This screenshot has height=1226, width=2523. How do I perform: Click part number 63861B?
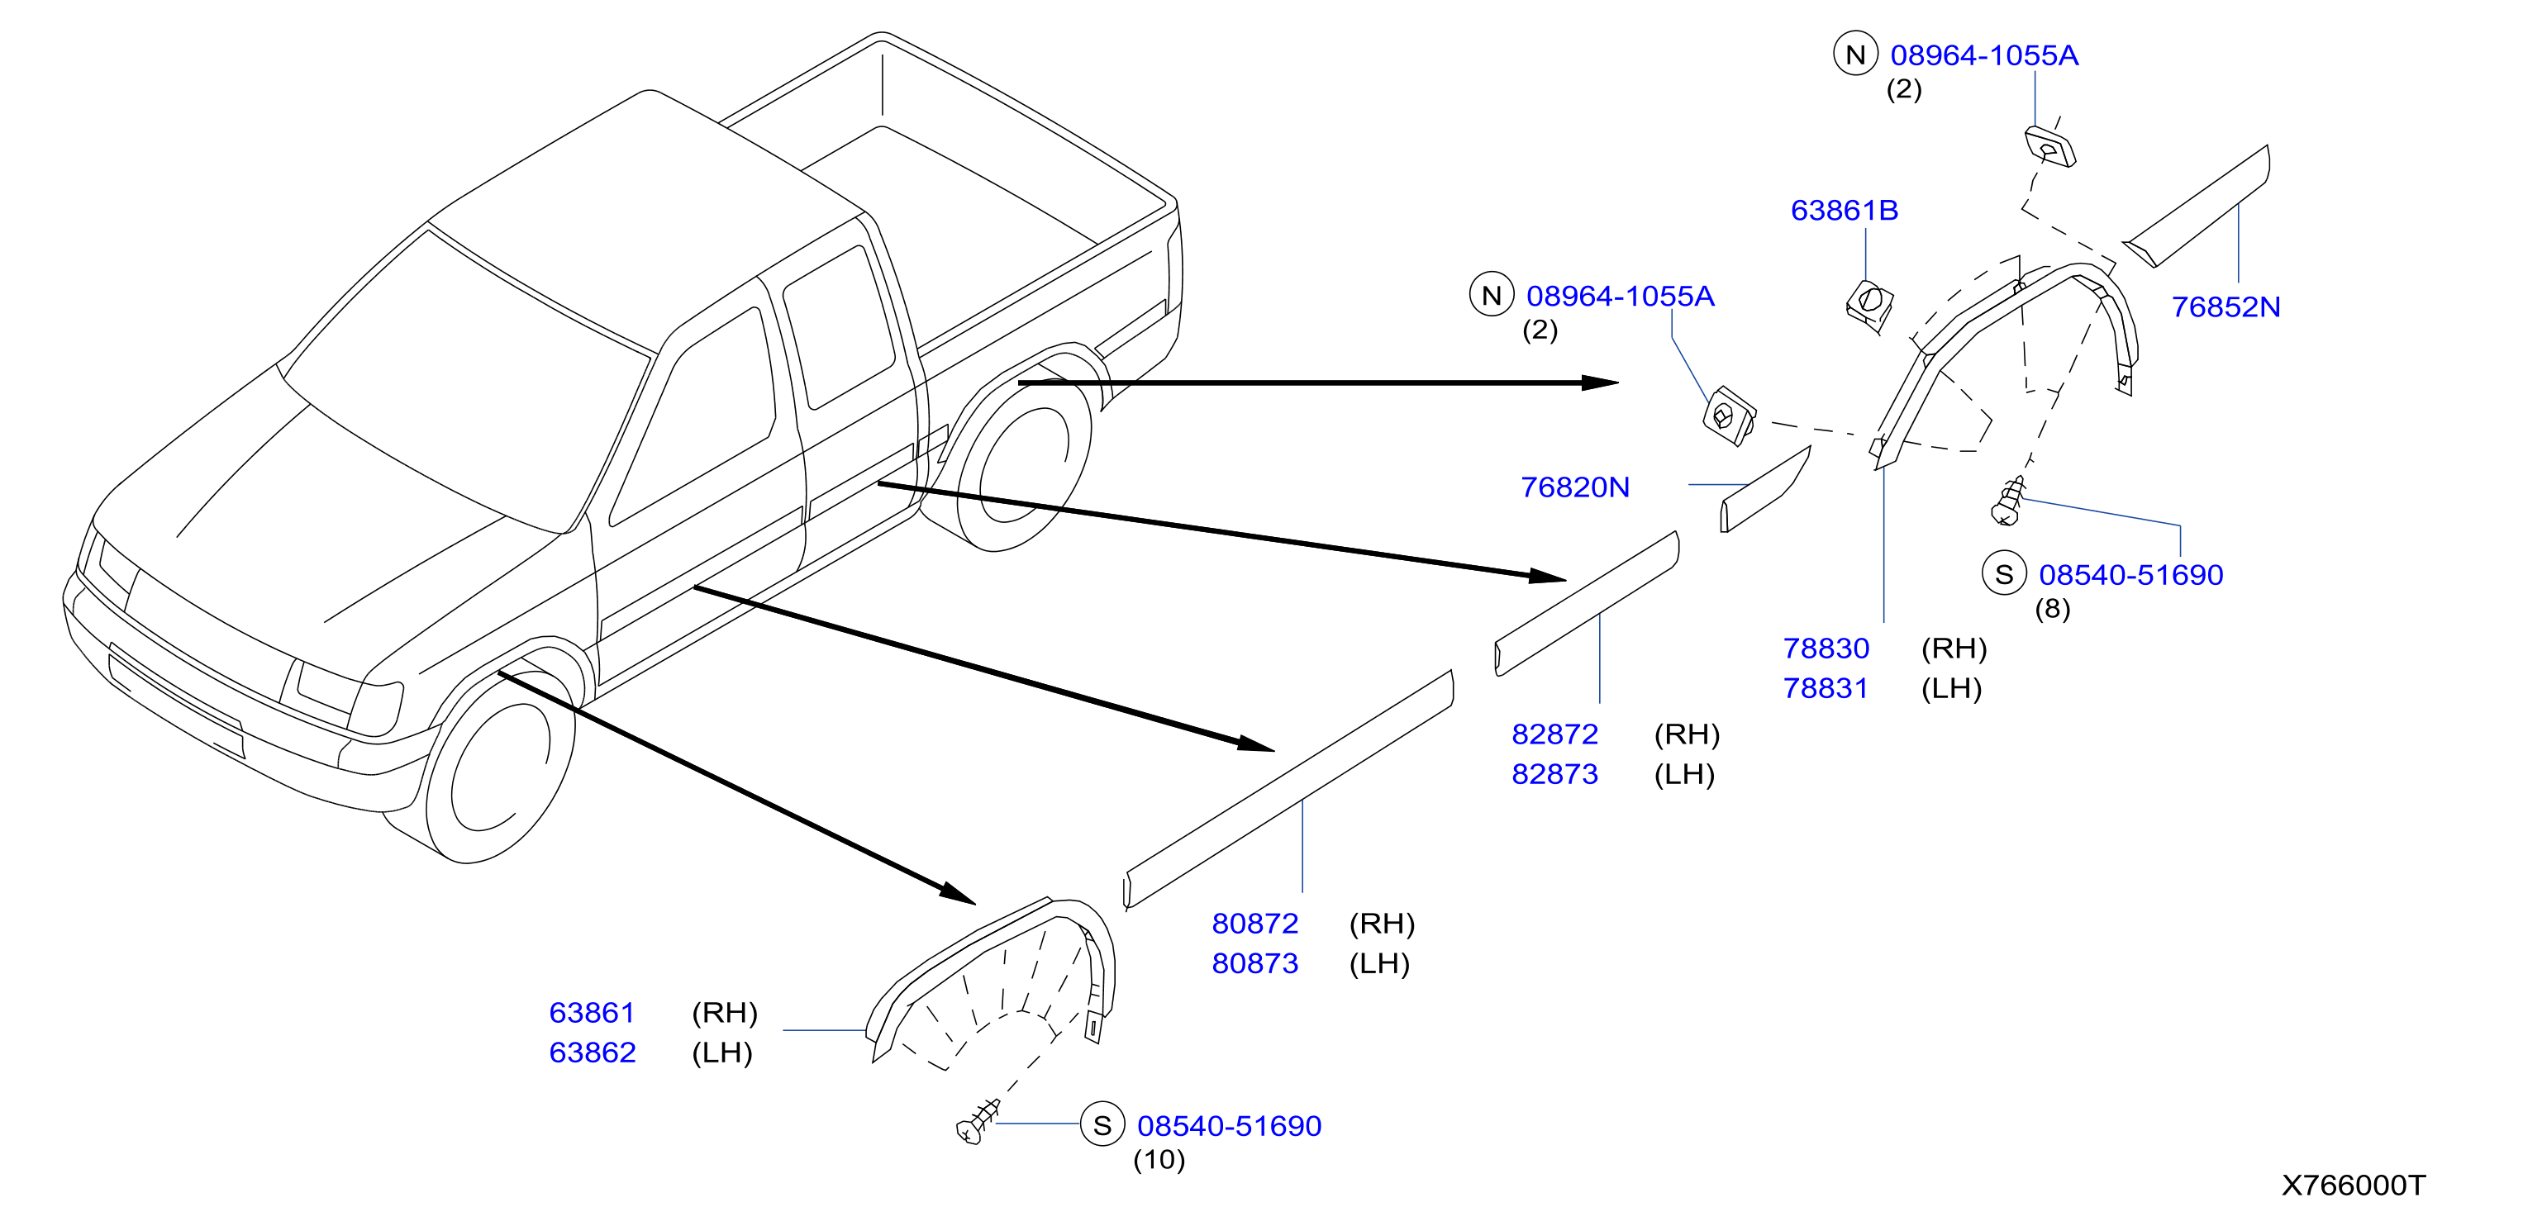pos(1845,211)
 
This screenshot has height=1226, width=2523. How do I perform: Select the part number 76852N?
pos(2226,307)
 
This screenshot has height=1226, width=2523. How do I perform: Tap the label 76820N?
pos(1575,487)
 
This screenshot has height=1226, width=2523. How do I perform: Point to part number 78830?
pos(1826,649)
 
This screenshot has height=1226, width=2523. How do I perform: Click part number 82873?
pos(1554,775)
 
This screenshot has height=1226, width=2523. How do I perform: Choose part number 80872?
pos(1254,924)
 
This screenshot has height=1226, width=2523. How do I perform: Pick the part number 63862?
pos(593,1053)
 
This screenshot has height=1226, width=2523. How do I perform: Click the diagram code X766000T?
pos(2354,1186)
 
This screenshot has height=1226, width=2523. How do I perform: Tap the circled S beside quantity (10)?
pos(1102,1125)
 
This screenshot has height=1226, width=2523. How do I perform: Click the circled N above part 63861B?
pos(1855,54)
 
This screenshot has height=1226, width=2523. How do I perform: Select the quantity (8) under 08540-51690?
pos(2053,609)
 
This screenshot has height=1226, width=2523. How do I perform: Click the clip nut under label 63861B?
pos(1868,305)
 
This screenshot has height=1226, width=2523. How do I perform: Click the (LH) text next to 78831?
pos(1951,688)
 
